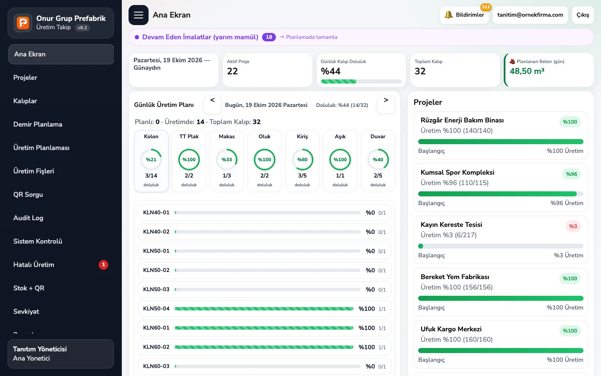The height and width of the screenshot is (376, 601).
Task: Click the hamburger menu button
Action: coord(139,15)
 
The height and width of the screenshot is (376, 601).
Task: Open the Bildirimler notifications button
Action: coord(464,15)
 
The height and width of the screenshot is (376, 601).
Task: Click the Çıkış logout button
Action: coord(583,15)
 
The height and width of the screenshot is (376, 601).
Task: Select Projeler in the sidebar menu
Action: coord(25,78)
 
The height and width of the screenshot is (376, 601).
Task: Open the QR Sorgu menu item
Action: coord(28,194)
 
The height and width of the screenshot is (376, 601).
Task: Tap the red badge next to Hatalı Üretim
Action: coord(104,265)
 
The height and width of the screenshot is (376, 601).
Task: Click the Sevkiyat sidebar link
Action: coord(26,312)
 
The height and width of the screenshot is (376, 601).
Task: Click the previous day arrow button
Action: coord(212,105)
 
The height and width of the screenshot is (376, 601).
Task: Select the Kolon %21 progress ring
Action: coord(151,160)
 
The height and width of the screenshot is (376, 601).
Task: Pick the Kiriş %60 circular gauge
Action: coord(302,160)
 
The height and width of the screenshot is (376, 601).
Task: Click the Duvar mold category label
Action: coord(378,137)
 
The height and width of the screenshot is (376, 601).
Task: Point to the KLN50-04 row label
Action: coord(156,309)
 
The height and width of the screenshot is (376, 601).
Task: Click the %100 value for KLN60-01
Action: coord(366,328)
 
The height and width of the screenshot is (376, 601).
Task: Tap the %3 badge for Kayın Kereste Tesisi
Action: coord(573,226)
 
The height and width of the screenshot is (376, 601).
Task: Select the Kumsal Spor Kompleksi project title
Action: coord(457,173)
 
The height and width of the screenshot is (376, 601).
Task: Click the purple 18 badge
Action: coord(269,37)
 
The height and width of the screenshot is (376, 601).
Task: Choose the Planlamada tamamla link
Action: coord(308,37)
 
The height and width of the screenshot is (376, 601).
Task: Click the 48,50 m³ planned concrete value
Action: coord(527,71)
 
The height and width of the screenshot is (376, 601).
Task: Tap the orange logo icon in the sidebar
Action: coord(23,23)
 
